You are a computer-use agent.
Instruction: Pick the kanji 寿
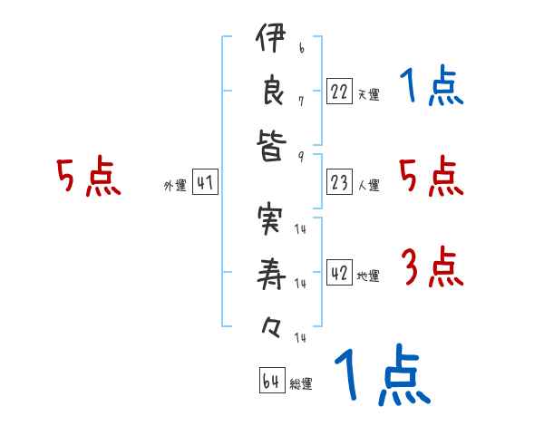270,277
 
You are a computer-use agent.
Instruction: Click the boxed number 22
339,91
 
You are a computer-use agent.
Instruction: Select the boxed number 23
339,182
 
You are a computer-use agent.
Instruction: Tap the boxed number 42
339,273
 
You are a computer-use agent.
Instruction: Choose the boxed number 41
205,182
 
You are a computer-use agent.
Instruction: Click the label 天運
368,94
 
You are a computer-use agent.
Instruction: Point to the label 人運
368,186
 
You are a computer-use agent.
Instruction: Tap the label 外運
175,186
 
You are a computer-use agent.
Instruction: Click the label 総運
301,384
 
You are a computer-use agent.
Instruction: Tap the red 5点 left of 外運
88,177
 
